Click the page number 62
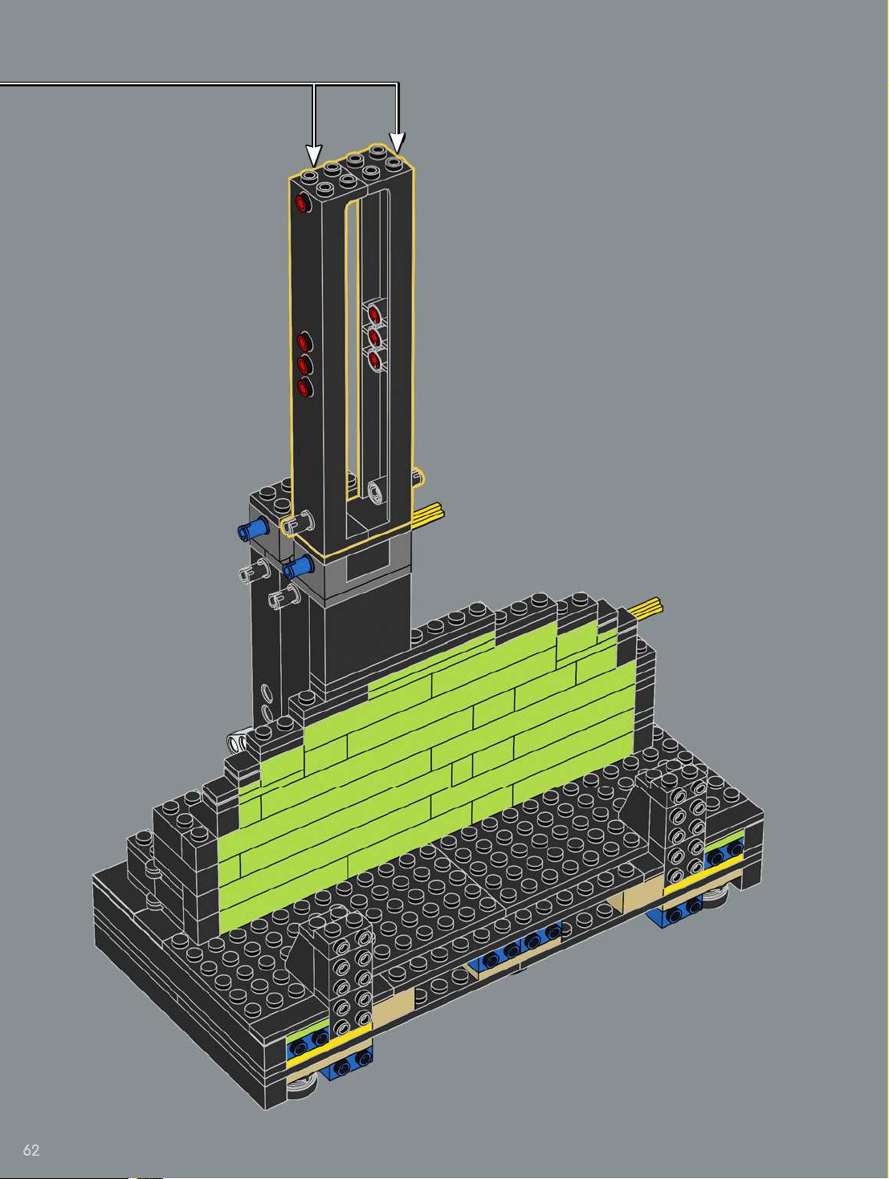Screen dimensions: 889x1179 pos(31,1150)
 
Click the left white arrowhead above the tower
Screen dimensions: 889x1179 pos(314,155)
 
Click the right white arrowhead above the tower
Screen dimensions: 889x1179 pos(398,142)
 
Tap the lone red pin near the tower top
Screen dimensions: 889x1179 pos(303,203)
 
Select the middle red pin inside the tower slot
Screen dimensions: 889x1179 pos(374,338)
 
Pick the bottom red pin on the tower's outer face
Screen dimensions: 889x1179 pos(304,388)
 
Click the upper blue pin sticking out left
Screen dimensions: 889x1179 pos(253,528)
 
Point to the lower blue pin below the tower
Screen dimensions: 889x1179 pos(298,567)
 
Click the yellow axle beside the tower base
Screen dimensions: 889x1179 pos(428,513)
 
